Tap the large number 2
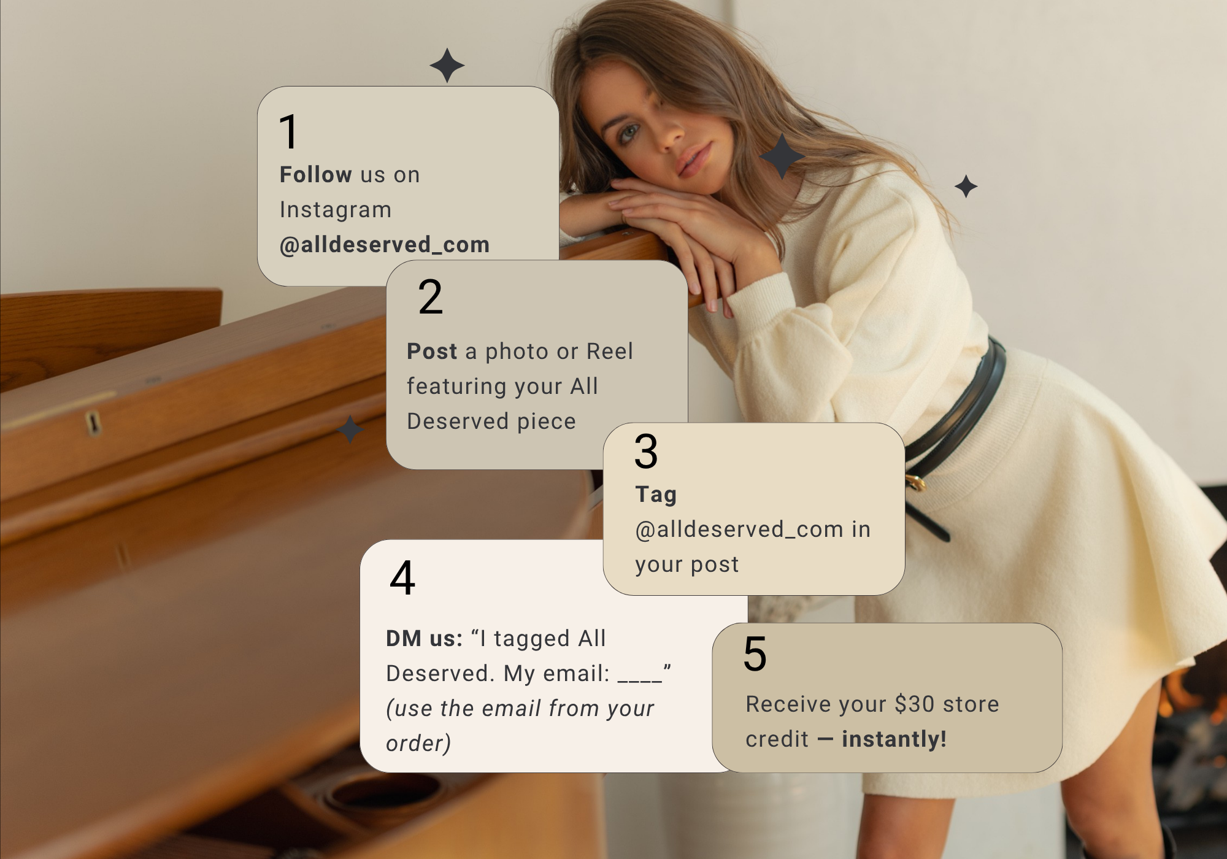[x=431, y=296]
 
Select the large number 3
[x=646, y=452]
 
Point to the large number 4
[x=402, y=578]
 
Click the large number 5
[x=755, y=654]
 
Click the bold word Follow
[x=316, y=175]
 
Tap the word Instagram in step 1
[x=336, y=210]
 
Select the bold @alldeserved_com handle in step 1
[x=385, y=245]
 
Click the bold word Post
[x=432, y=352]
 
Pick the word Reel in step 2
[x=610, y=352]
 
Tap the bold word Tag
[x=656, y=495]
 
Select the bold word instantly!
[x=894, y=739]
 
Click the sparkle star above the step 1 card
[x=447, y=65]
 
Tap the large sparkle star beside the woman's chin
[x=782, y=156]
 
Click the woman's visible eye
[x=630, y=133]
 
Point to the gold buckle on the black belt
[x=916, y=482]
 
